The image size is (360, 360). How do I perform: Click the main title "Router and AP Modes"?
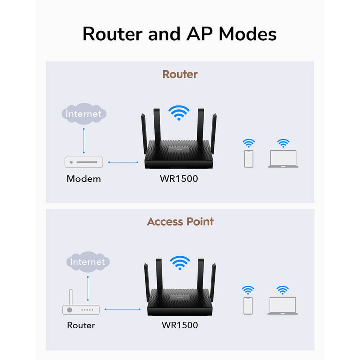[179, 34]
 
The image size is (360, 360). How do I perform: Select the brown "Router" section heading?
[180, 74]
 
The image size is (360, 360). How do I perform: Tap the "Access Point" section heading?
[180, 221]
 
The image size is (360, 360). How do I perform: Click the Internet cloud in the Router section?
[84, 114]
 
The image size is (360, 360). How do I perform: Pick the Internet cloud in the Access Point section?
[88, 262]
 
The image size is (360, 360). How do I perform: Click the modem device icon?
[84, 162]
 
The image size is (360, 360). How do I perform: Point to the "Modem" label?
[84, 179]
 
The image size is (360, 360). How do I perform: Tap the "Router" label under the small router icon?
[81, 325]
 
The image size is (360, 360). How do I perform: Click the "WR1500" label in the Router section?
[179, 179]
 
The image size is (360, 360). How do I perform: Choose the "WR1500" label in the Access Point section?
[180, 325]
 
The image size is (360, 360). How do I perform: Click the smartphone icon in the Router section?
[249, 159]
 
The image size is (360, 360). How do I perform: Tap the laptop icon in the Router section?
[283, 159]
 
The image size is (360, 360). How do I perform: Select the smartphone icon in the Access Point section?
[248, 306]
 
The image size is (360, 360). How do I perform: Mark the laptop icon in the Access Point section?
[282, 306]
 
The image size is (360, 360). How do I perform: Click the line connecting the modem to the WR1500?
[123, 162]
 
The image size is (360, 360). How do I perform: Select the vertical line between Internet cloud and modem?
[84, 141]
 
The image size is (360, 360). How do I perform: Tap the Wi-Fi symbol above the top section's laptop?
[283, 143]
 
